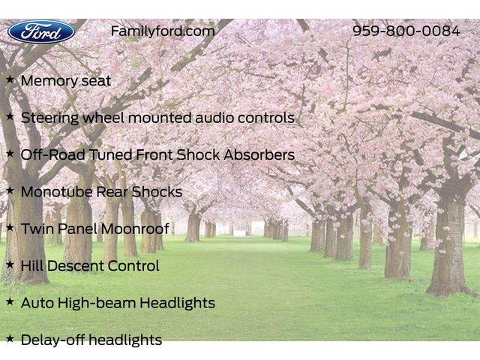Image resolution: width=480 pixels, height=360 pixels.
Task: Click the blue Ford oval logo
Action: tap(41, 31)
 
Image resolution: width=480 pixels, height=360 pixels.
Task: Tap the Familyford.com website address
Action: tap(163, 31)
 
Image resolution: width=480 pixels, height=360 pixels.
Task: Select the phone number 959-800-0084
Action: tap(406, 31)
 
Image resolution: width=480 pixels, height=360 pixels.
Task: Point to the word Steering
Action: tap(50, 118)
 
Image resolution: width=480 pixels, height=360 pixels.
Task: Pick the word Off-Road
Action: tap(53, 155)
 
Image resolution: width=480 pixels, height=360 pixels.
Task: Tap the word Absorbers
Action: tap(259, 155)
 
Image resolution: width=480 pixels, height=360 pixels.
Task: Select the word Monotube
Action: tap(57, 192)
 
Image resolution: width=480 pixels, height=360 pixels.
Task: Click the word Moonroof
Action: tap(135, 229)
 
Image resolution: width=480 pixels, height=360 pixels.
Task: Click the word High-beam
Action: tap(97, 303)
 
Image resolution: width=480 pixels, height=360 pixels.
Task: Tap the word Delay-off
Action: tap(52, 340)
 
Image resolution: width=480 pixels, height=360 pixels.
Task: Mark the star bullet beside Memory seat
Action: tap(10, 79)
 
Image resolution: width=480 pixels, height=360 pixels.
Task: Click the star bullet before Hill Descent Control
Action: tap(10, 265)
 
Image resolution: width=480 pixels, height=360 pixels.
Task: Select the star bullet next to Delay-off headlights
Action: tap(10, 338)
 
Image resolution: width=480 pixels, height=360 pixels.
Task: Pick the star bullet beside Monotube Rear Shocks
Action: tap(10, 190)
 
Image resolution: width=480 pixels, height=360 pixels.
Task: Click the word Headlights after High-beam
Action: tap(178, 303)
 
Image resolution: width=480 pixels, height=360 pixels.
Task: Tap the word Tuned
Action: tap(110, 155)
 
